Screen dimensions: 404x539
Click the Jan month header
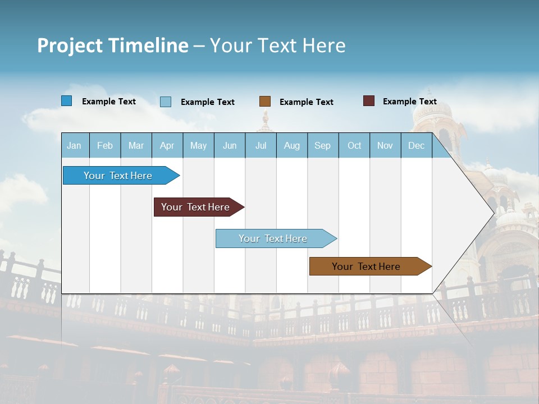75,145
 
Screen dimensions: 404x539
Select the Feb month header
105,145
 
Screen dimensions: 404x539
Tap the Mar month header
136,145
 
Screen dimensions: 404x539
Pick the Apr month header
167,145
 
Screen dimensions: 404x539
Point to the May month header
198,145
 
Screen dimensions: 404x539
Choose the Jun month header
230,145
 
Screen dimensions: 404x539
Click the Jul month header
261,145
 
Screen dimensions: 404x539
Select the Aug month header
292,145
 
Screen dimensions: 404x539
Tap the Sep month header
323,145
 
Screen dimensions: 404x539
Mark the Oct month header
354,145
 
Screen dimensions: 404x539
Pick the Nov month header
385,145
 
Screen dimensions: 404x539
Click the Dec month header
417,145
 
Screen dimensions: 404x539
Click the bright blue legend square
66,101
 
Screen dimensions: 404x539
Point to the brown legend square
265,102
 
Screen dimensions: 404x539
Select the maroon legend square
369,101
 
